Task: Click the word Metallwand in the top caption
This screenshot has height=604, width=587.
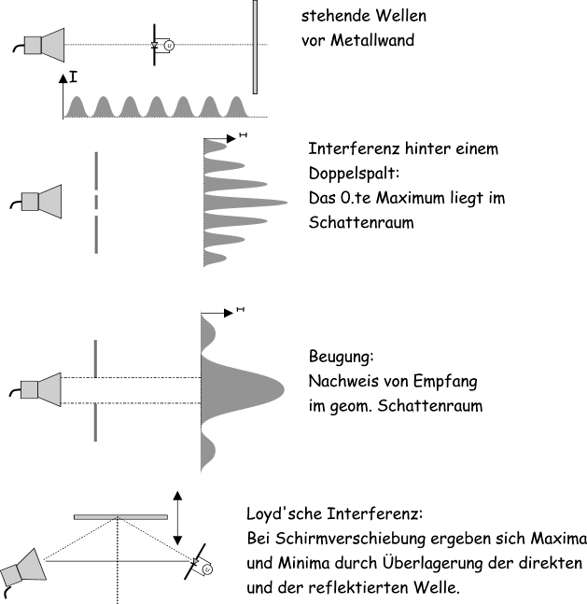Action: [x=373, y=40]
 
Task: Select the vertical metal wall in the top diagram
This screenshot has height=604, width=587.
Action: [x=254, y=47]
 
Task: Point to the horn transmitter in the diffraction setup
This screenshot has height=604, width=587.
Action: [x=42, y=388]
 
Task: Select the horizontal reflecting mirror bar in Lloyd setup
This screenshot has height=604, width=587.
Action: [x=119, y=515]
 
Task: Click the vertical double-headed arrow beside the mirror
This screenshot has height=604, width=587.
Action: [x=177, y=516]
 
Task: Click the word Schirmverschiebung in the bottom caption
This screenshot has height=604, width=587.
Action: [x=336, y=540]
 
